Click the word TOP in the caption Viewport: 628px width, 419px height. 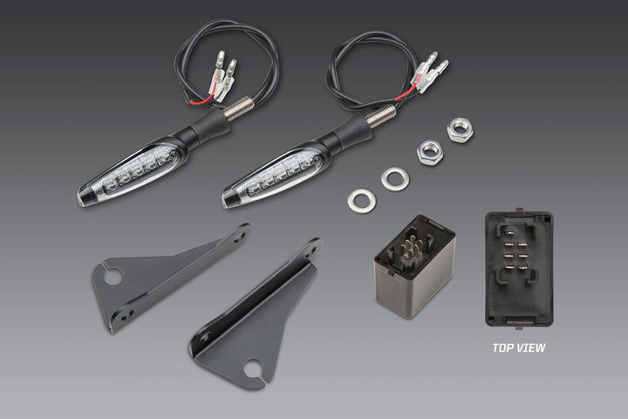pyautogui.click(x=504, y=347)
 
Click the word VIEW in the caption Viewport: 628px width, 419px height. pyautogui.click(x=531, y=347)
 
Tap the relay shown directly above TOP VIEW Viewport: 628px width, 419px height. pyautogui.click(x=519, y=268)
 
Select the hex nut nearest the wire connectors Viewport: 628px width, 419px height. pyautogui.click(x=461, y=130)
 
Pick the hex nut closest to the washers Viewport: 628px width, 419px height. pyautogui.click(x=430, y=153)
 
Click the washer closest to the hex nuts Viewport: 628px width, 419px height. pyautogui.click(x=395, y=178)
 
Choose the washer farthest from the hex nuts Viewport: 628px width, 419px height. pyautogui.click(x=362, y=200)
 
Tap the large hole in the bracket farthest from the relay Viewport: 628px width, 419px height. pyautogui.click(x=113, y=274)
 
